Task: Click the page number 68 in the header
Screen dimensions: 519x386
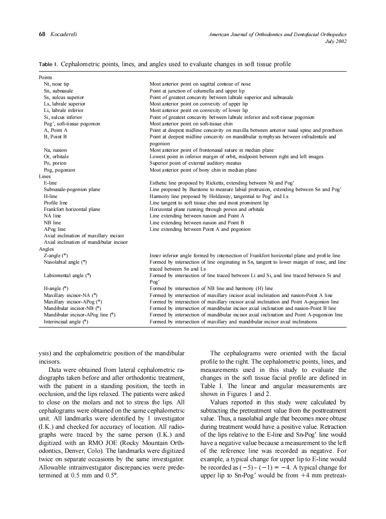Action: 42,34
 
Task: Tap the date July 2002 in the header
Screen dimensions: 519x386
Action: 336,41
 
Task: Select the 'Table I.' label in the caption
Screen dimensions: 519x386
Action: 48,64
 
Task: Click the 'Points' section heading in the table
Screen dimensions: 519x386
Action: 45,77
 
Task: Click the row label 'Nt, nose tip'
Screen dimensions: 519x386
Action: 56,84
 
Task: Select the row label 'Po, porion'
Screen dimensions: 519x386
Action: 55,163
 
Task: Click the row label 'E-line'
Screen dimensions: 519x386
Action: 50,183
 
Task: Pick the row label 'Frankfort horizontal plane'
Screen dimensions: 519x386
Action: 72,209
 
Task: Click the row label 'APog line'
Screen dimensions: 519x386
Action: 54,229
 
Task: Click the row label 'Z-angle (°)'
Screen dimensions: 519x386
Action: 56,255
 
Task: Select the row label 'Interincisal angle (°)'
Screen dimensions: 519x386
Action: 66,321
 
